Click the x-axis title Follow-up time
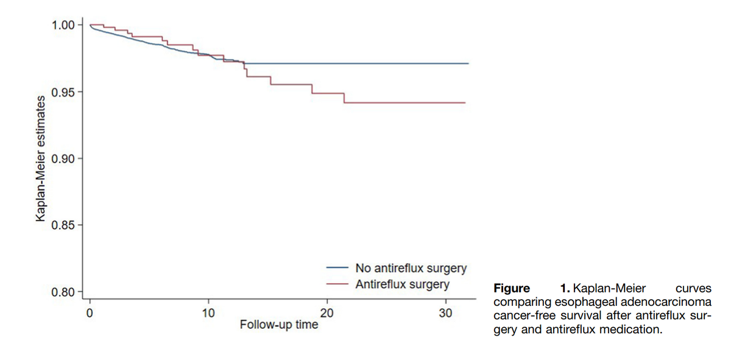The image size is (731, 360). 278,325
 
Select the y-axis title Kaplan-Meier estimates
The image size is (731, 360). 40,158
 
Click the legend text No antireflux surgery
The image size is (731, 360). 411,267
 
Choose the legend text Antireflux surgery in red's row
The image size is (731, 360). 402,284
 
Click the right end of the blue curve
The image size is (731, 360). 468,63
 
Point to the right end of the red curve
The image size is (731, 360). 465,103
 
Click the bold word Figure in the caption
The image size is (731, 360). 511,288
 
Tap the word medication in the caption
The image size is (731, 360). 631,329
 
